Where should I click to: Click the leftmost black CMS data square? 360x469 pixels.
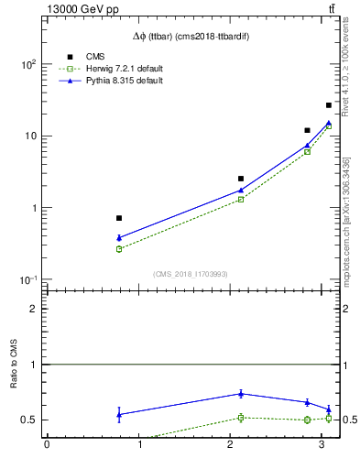pos(119,218)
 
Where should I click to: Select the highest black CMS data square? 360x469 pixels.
pos(329,105)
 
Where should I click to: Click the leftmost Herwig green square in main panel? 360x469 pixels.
pos(119,249)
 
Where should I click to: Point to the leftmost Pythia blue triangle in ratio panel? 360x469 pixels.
pos(119,414)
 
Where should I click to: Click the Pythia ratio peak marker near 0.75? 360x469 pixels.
pos(241,394)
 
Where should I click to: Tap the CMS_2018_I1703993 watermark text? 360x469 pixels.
pos(191,274)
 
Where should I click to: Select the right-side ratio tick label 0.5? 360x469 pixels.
pos(350,420)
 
